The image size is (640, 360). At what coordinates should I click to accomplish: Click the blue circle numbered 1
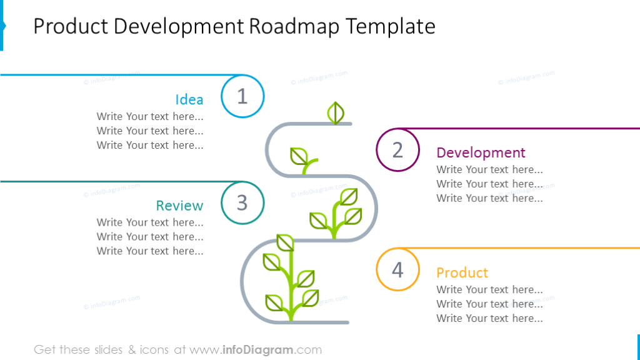[242, 96]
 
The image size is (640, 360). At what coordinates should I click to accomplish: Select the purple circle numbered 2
[397, 150]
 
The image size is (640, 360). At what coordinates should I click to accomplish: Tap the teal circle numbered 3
[242, 202]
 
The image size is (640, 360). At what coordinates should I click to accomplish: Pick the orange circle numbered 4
[397, 269]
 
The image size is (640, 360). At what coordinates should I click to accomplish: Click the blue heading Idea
[189, 99]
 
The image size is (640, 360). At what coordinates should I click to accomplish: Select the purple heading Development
[481, 152]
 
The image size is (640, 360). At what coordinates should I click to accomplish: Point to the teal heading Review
[179, 206]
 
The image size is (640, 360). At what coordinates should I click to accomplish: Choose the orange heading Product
[462, 272]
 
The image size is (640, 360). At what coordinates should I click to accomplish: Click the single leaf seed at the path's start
[336, 113]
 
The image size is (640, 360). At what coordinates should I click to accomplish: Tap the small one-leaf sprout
[302, 159]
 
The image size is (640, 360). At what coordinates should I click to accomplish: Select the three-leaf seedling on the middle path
[336, 213]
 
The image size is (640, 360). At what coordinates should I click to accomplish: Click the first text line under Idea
[150, 116]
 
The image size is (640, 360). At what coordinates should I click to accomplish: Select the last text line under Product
[489, 318]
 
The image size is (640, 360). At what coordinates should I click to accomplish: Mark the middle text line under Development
[489, 184]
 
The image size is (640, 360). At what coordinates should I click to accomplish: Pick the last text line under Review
[150, 251]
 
